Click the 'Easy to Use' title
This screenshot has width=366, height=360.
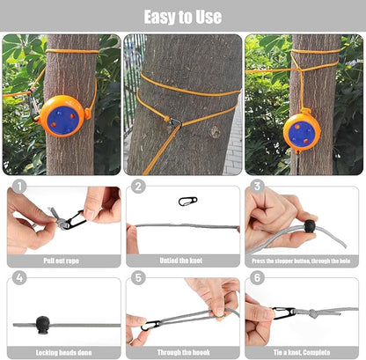tap(183, 17)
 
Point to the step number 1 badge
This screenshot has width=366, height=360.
tap(19, 187)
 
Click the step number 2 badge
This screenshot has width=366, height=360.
tap(138, 187)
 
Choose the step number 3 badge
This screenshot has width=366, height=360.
tap(257, 187)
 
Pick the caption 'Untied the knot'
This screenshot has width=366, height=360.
tap(182, 261)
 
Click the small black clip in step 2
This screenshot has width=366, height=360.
tap(184, 201)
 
